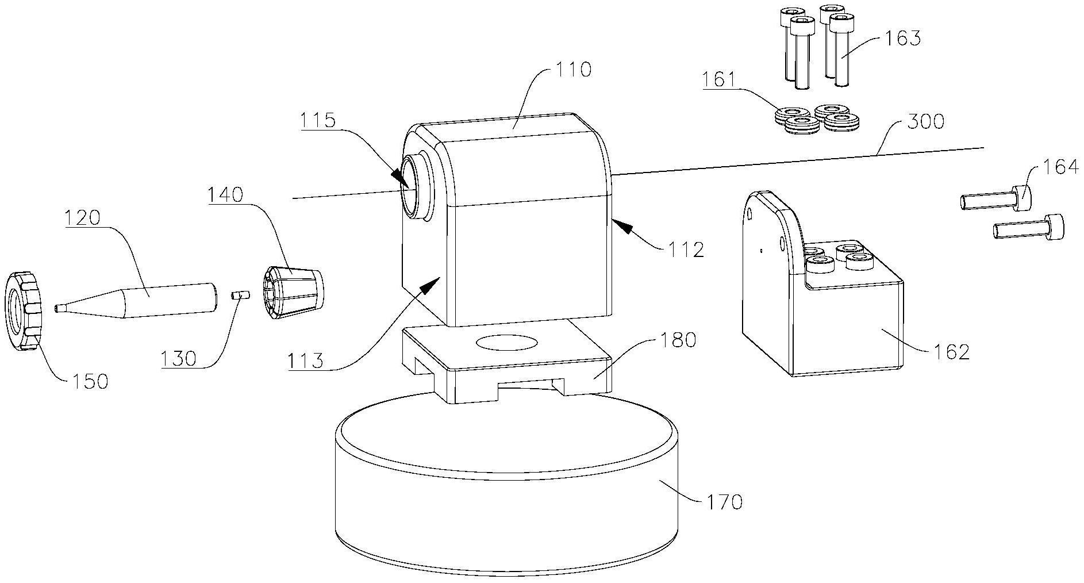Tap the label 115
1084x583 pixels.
pyautogui.click(x=317, y=121)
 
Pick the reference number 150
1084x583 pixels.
pyautogui.click(x=89, y=381)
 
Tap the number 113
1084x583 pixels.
pyautogui.click(x=305, y=361)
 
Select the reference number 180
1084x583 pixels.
pyautogui.click(x=678, y=340)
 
